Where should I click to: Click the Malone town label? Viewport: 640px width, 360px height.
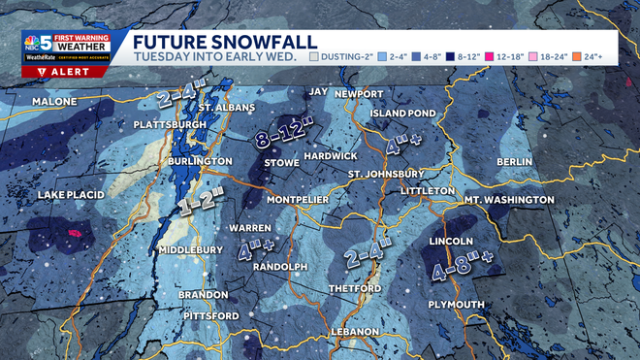point(54,102)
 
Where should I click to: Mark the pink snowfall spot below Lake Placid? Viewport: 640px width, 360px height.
point(75,234)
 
